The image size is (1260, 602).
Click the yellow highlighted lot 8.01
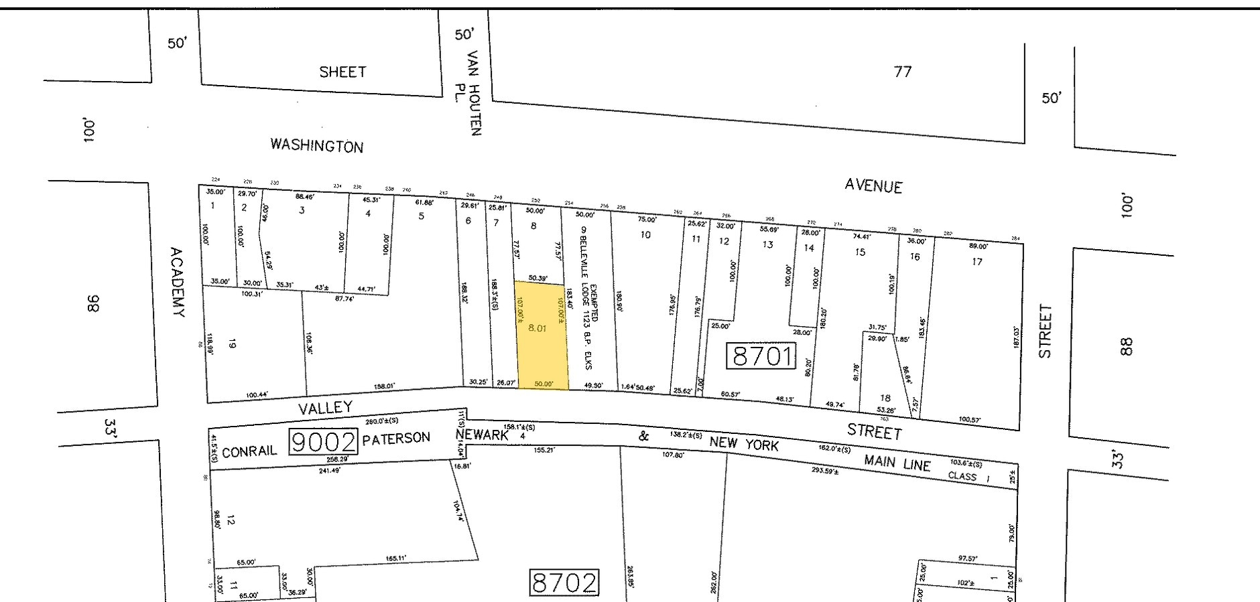point(541,335)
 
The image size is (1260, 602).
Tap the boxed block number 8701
point(763,356)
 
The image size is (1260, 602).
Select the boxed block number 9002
point(323,442)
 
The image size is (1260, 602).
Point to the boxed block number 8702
point(564,583)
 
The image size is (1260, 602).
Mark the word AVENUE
point(873,185)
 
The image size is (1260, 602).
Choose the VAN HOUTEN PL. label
point(474,92)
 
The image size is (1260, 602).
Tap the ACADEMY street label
point(176,282)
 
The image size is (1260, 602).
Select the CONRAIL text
point(249,451)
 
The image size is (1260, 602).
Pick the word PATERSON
point(396,439)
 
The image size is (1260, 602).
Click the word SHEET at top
point(342,72)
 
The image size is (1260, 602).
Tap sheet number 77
point(903,71)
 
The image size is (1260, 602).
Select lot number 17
point(976,262)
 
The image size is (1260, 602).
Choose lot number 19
point(232,344)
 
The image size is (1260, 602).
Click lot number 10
point(645,234)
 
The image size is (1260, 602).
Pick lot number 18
point(885,398)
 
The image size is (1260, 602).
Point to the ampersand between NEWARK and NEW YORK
point(643,437)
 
